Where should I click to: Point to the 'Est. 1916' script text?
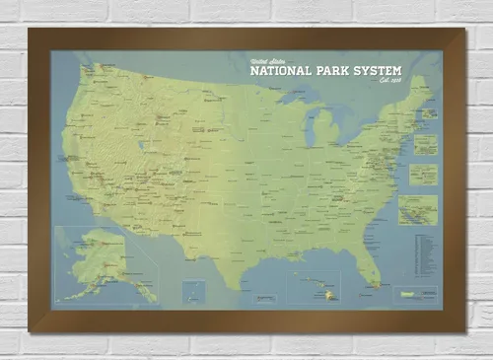pos(391,83)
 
